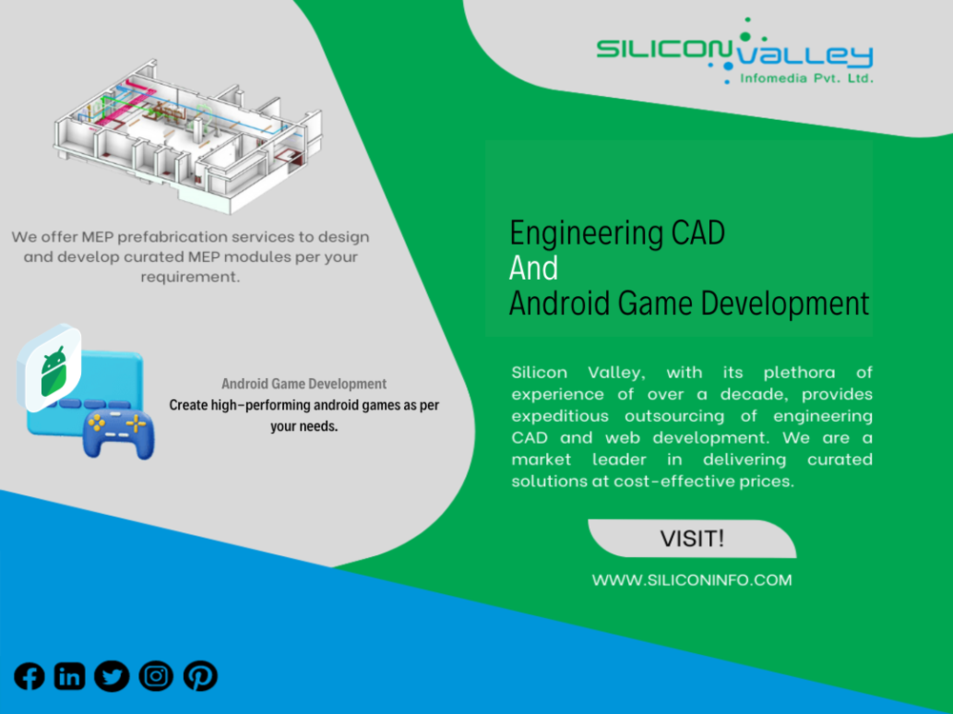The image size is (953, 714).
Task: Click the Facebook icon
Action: pos(30,676)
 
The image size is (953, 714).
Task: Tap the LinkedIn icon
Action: pos(70,676)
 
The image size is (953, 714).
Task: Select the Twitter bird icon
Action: pos(112,676)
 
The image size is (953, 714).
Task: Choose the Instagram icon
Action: pos(156,676)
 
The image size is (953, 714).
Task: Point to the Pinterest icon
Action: pos(200,676)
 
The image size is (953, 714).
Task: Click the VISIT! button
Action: pos(692,539)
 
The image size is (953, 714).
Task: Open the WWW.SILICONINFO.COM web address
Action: pos(692,581)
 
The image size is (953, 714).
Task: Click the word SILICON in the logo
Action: pos(663,49)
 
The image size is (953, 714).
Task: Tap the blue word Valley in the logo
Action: pos(805,57)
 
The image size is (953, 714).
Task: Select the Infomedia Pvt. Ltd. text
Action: pos(806,78)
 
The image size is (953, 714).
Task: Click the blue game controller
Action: pos(118,433)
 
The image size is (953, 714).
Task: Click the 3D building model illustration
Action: pos(188,136)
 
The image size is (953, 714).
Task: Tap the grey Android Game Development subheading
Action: pos(304,384)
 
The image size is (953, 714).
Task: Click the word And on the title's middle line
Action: pos(533,268)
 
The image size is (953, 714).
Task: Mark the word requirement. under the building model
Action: pos(191,277)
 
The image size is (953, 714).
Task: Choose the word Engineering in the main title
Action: pos(586,234)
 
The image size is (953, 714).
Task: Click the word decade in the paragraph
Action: pos(754,395)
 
